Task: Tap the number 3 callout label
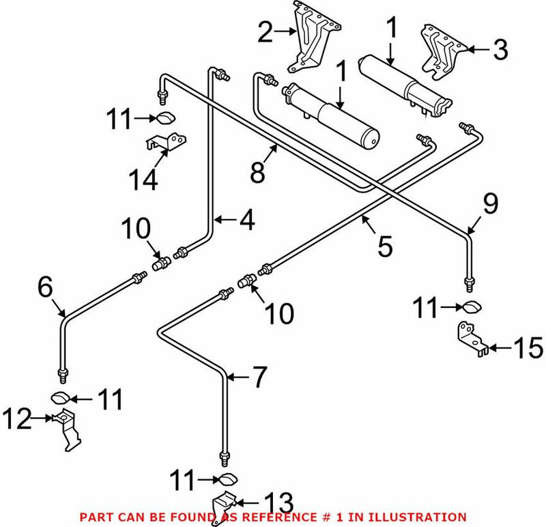[x=500, y=49]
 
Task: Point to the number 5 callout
[x=386, y=246]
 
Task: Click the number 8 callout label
[x=257, y=171]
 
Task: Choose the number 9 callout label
[x=490, y=204]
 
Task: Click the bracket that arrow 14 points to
[x=166, y=144]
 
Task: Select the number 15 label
[x=528, y=349]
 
